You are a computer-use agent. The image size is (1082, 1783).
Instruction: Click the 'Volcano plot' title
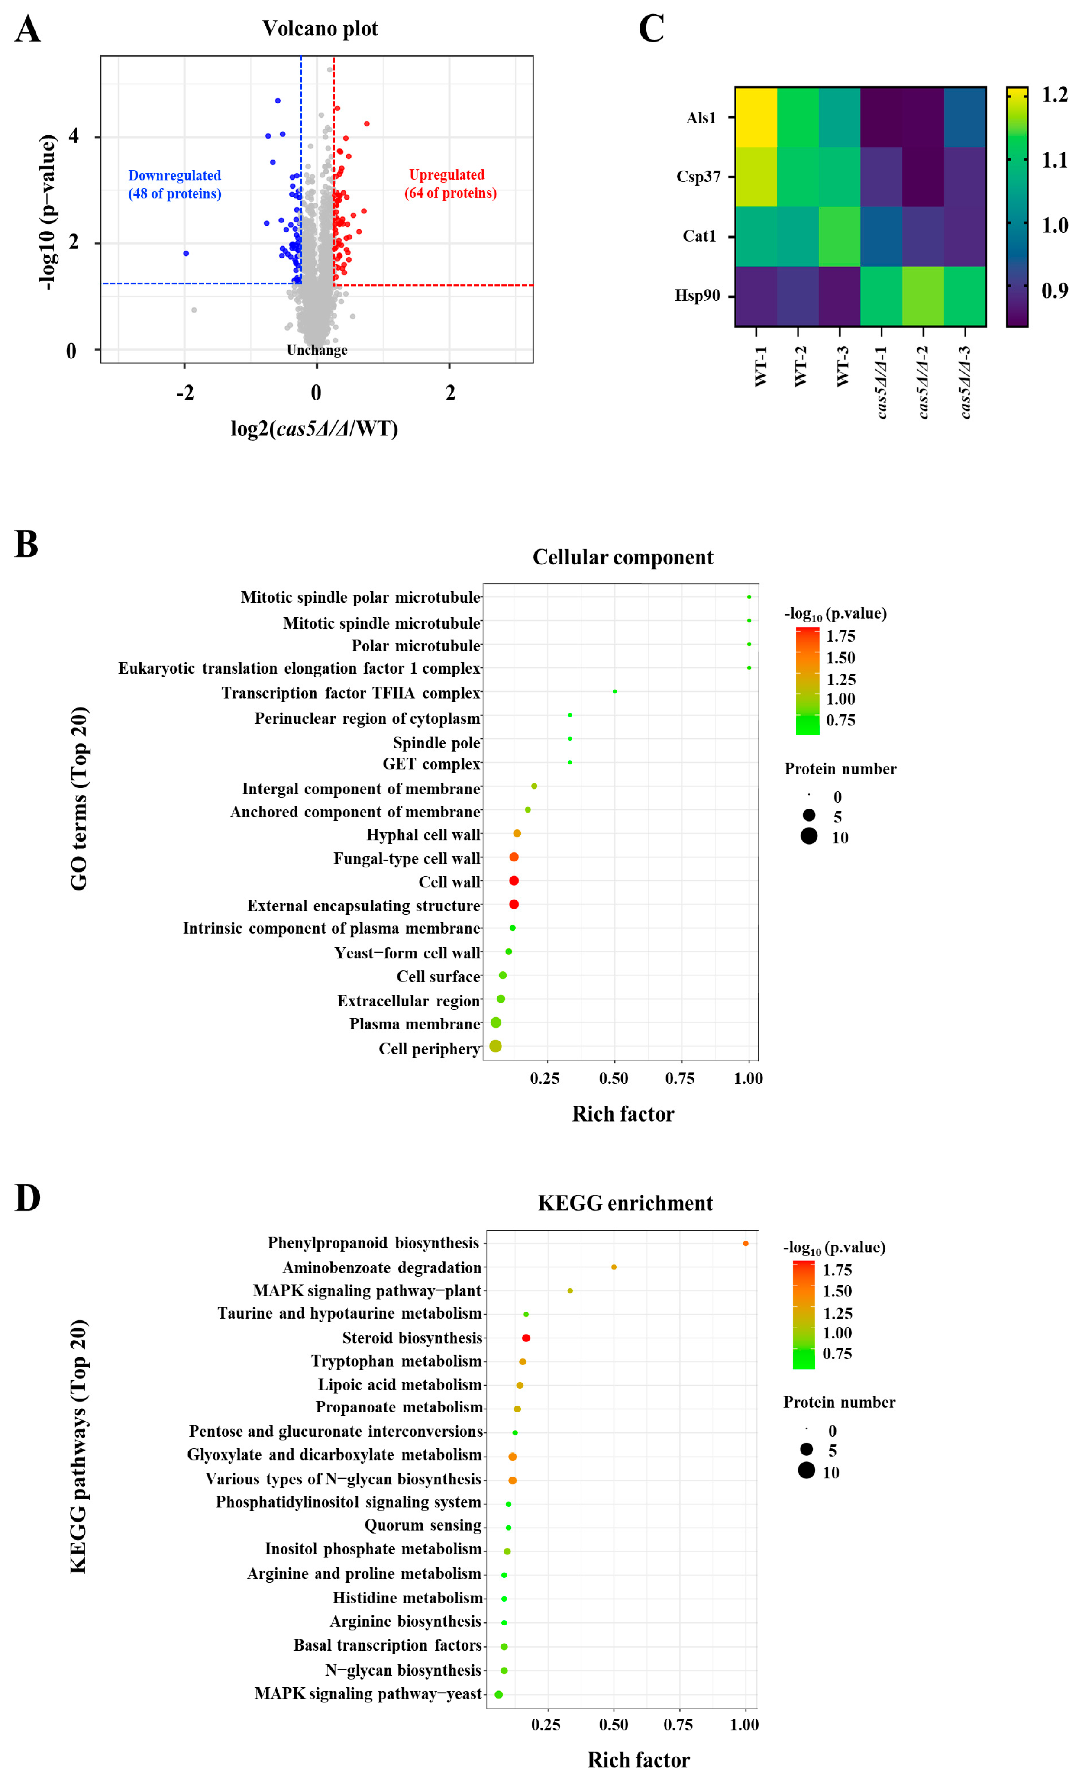[320, 29]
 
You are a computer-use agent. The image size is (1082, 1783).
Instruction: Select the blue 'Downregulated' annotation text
[174, 176]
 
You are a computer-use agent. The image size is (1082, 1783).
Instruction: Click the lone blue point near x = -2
[186, 253]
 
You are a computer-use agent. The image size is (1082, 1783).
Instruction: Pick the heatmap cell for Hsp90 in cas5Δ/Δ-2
[923, 296]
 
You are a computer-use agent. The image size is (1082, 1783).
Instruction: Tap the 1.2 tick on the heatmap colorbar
[1054, 95]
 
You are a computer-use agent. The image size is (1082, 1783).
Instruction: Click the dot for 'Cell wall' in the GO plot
[514, 880]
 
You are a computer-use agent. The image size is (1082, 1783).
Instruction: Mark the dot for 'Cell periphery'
[495, 1046]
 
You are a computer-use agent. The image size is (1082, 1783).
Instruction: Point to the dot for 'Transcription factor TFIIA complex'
[614, 692]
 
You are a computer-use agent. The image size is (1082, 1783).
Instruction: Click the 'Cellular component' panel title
[623, 557]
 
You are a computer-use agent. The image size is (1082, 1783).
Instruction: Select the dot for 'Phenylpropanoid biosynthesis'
[746, 1243]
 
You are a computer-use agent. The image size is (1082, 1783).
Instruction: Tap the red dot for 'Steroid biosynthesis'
[526, 1338]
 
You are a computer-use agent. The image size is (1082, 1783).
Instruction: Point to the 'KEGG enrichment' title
[625, 1203]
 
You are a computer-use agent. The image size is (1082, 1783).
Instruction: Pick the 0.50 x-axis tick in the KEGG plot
[614, 1725]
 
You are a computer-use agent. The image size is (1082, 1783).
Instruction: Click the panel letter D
[28, 1198]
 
